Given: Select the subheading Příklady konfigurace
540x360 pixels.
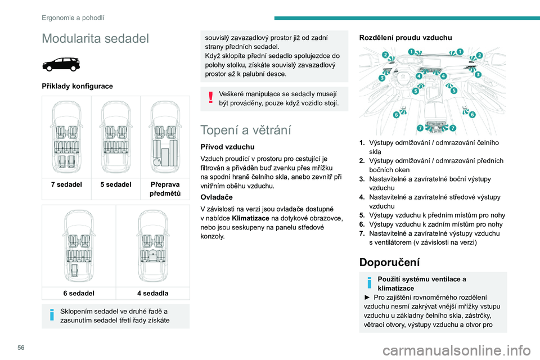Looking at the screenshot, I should pos(77,86).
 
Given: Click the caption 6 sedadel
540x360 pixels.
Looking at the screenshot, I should pos(79,293).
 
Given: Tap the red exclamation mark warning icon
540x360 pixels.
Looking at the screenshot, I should pos(210,98).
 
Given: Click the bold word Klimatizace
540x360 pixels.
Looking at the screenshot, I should pos(252,217).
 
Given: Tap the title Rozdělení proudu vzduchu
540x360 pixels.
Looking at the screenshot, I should pos(405,38).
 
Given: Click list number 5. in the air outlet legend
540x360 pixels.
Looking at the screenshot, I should pos(363,215).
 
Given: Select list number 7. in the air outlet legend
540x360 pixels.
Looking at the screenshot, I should pos(363,233).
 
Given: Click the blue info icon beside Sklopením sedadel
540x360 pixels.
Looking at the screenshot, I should pos(52,316).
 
